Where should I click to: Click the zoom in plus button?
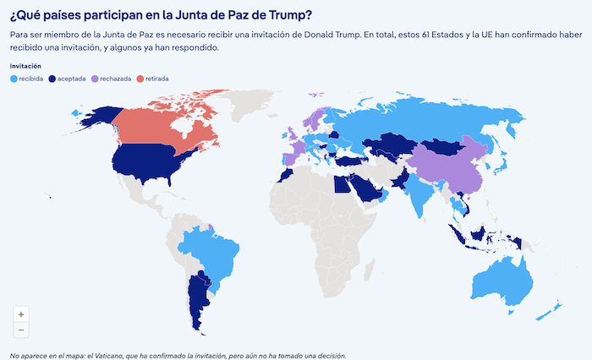[20, 314]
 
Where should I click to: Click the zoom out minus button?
[20, 330]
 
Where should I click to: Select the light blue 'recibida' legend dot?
[14, 79]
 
